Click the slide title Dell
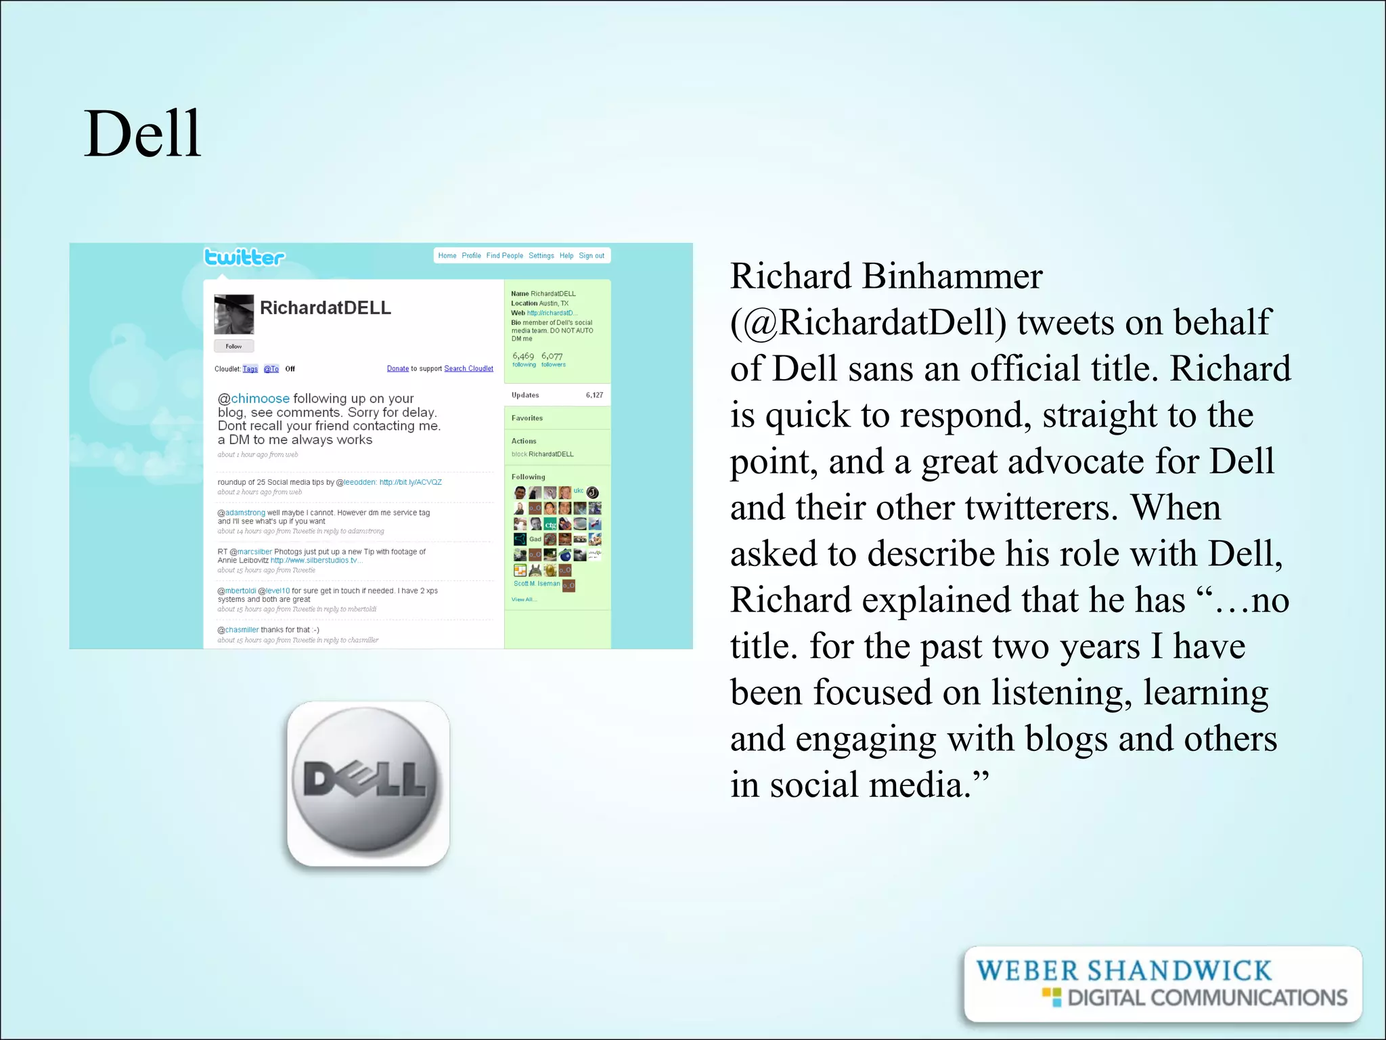(x=142, y=133)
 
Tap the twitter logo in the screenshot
(x=244, y=257)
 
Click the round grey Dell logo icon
(x=368, y=783)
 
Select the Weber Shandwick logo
(x=1161, y=984)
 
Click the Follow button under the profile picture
(x=233, y=346)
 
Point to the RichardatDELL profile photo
(x=234, y=314)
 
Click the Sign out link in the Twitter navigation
(x=591, y=256)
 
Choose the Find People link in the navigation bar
(x=504, y=256)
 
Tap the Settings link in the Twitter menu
(x=541, y=256)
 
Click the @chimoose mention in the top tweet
(x=254, y=399)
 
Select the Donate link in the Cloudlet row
(x=397, y=369)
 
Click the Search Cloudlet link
(x=468, y=369)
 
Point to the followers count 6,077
(x=552, y=356)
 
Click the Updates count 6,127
(x=594, y=395)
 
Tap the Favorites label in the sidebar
(x=527, y=418)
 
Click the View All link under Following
(x=523, y=600)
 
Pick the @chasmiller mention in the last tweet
(x=238, y=630)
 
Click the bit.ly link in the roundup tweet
(x=410, y=483)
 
